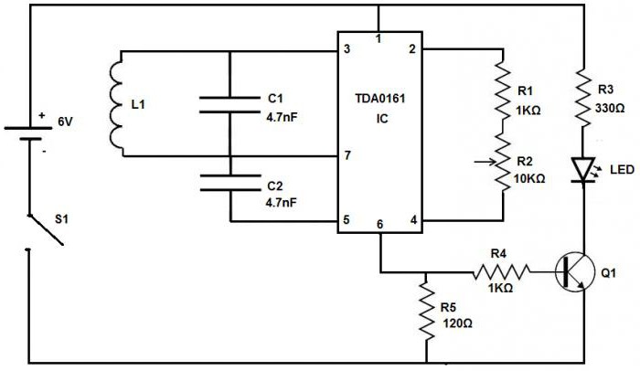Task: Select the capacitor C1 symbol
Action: click(x=229, y=103)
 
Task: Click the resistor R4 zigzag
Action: click(x=501, y=270)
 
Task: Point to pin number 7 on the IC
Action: click(x=347, y=155)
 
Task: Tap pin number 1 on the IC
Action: click(x=377, y=39)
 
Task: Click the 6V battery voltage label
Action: click(x=66, y=121)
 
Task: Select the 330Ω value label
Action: click(x=611, y=108)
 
